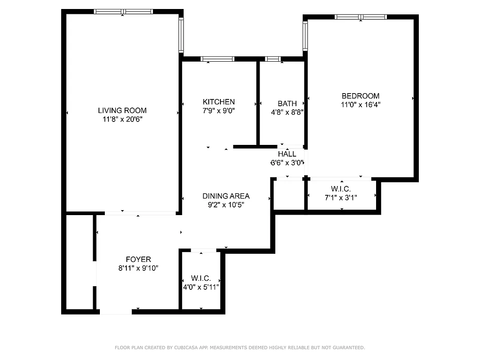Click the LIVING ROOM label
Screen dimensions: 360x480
coord(122,110)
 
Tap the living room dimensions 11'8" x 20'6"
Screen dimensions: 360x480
coord(122,119)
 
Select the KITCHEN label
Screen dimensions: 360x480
coord(219,102)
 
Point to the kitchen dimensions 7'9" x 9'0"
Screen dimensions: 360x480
coord(219,110)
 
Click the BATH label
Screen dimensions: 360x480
coord(287,103)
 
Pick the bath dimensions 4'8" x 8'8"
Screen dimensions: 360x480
coord(287,112)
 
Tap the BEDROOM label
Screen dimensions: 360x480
coord(360,96)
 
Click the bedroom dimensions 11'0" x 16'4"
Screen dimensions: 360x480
coord(360,104)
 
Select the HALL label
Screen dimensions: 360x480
coord(287,154)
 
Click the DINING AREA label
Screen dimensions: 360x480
coord(226,196)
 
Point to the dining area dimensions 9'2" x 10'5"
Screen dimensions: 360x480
coord(226,205)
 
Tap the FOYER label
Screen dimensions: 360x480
coord(138,259)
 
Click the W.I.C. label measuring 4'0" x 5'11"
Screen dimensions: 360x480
coord(201,279)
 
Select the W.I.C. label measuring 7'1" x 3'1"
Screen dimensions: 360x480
coord(341,189)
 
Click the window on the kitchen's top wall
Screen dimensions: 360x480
coord(217,59)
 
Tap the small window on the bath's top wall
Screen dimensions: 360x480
coord(273,59)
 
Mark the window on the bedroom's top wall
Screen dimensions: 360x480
coord(360,17)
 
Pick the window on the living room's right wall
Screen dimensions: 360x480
coord(181,35)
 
